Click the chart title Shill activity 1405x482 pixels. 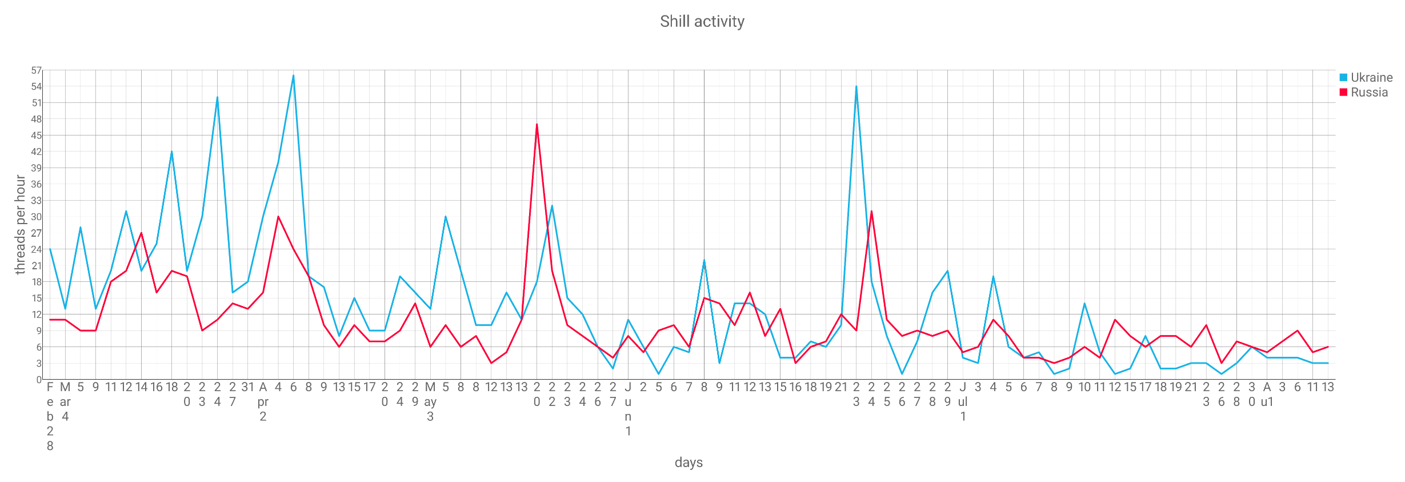coord(702,22)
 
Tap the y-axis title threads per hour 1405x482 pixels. coord(21,225)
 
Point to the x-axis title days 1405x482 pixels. coord(689,462)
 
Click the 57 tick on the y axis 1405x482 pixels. coord(37,70)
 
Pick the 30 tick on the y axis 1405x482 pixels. coord(37,217)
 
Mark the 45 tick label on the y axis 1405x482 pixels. coord(37,136)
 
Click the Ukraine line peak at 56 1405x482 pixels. coord(293,75)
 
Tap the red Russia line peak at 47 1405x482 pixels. coord(537,125)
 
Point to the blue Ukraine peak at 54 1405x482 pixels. coord(856,86)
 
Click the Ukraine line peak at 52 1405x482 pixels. coord(217,97)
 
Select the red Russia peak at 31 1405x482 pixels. coord(871,211)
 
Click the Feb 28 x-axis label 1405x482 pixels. coord(50,416)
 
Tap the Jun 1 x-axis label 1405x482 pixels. coord(628,409)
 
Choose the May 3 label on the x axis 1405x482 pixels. coord(430,401)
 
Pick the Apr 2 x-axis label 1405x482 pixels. coord(263,401)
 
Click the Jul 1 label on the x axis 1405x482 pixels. coord(963,401)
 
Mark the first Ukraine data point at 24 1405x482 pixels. coord(50,249)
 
